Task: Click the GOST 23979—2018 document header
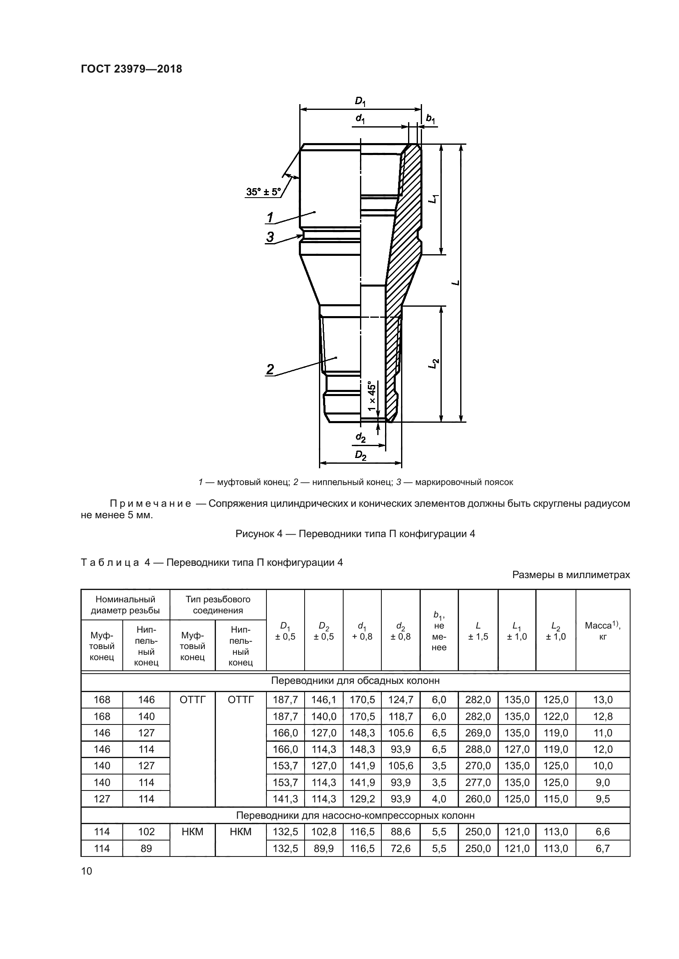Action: [x=131, y=69]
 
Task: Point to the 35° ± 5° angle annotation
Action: [x=264, y=192]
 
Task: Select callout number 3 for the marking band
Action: [x=270, y=237]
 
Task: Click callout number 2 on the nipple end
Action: [x=270, y=369]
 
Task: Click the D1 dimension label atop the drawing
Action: [x=360, y=101]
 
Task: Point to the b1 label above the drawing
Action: [x=430, y=119]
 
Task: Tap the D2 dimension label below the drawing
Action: [x=360, y=455]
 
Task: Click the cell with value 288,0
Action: [x=478, y=749]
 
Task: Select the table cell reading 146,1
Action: [x=323, y=699]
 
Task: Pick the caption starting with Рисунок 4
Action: [x=355, y=534]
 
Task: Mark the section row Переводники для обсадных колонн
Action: [x=355, y=681]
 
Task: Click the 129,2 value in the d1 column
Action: [x=362, y=799]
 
